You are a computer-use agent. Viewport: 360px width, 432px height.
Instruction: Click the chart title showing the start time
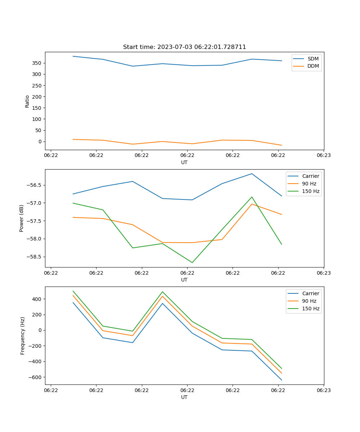[x=184, y=47]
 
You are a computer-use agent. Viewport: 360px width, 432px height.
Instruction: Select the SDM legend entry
[x=313, y=59]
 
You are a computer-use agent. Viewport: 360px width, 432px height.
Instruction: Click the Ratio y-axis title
[x=27, y=101]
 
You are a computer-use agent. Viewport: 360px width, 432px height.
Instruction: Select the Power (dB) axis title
[x=22, y=218]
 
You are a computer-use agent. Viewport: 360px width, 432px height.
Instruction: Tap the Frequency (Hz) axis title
[x=23, y=336]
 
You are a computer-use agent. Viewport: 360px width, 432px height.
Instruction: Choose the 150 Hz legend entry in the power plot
[x=311, y=191]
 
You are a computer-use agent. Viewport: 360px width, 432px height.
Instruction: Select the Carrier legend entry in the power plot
[x=310, y=176]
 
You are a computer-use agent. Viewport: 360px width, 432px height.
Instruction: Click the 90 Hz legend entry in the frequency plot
[x=309, y=301]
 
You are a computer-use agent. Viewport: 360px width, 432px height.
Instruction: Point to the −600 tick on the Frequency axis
[x=35, y=377]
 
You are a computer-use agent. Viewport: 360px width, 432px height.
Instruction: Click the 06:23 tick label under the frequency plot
[x=323, y=390]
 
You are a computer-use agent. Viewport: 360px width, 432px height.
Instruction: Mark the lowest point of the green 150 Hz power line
[x=192, y=262]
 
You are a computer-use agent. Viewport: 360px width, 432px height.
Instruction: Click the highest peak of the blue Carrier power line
[x=252, y=174]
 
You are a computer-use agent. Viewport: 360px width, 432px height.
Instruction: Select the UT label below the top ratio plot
[x=184, y=162]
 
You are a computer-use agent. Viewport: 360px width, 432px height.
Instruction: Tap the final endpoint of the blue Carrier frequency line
[x=282, y=380]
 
